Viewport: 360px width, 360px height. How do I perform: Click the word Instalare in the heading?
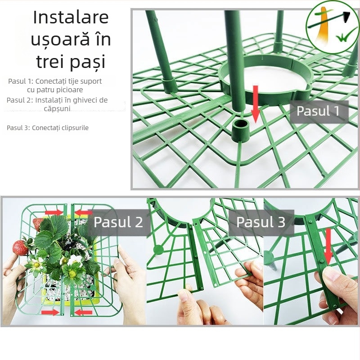[71, 18]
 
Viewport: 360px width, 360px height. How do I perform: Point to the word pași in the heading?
[90, 62]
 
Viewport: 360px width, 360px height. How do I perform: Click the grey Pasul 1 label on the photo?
[318, 111]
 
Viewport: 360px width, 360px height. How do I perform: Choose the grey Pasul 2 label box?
[118, 222]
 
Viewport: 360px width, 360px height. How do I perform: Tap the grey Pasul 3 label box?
[261, 222]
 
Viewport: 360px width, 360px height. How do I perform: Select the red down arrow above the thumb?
[328, 245]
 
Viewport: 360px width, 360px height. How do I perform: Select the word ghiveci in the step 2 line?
[77, 100]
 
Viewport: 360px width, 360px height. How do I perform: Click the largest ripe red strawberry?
[20, 247]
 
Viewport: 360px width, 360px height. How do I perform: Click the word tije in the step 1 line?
[67, 81]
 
